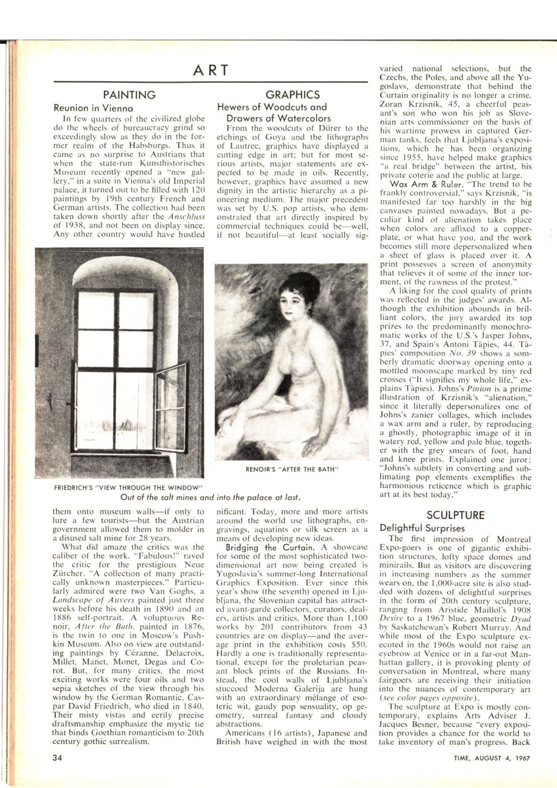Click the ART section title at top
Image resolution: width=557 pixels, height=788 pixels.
[x=211, y=70]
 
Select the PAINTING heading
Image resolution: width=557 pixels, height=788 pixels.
[x=129, y=95]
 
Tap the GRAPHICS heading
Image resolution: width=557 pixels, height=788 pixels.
[x=292, y=95]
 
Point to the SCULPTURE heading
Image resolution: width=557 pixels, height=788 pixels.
[x=455, y=514]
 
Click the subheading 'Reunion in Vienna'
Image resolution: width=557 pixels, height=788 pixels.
[x=94, y=108]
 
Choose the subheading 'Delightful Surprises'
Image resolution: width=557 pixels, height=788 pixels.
[x=422, y=528]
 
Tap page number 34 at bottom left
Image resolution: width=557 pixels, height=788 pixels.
[x=57, y=757]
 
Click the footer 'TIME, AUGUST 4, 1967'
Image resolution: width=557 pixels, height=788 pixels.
[x=492, y=757]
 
